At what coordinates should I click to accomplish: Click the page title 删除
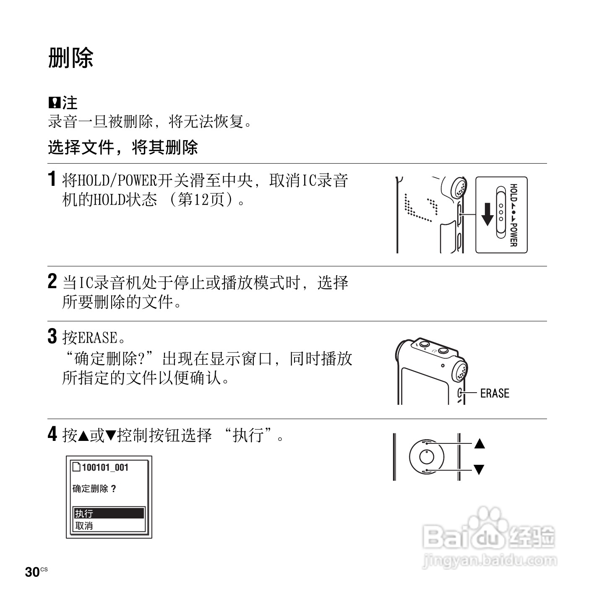70,57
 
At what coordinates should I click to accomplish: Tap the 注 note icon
55,102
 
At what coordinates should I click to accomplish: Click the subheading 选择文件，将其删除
122,147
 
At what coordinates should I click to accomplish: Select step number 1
52,179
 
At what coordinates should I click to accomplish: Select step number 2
52,281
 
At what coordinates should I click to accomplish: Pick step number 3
52,336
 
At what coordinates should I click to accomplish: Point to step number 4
52,434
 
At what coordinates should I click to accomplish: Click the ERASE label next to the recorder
495,393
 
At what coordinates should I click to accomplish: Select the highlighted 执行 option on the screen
109,513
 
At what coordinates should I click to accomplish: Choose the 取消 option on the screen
84,526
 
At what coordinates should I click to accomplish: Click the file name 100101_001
104,467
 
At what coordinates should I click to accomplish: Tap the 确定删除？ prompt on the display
94,489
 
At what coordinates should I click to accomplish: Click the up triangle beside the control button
479,443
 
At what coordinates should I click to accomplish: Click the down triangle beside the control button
479,469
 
